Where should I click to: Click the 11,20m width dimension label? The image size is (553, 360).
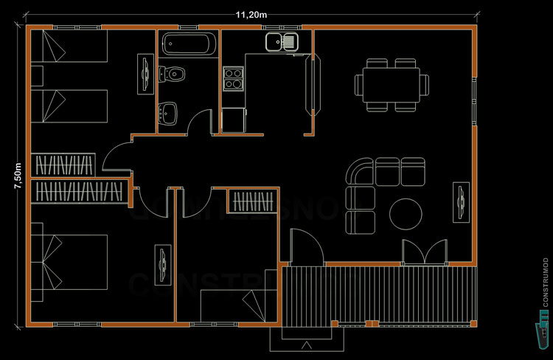tap(252, 14)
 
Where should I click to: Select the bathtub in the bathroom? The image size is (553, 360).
tap(189, 43)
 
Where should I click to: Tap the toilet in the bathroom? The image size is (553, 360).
tap(173, 74)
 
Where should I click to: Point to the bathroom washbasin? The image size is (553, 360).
tap(170, 114)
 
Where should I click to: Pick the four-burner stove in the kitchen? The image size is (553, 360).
tap(233, 78)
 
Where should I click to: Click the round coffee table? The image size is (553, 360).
tap(405, 214)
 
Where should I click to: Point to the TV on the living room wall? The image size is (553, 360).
tap(461, 201)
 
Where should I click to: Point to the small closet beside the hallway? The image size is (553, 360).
tap(252, 201)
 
